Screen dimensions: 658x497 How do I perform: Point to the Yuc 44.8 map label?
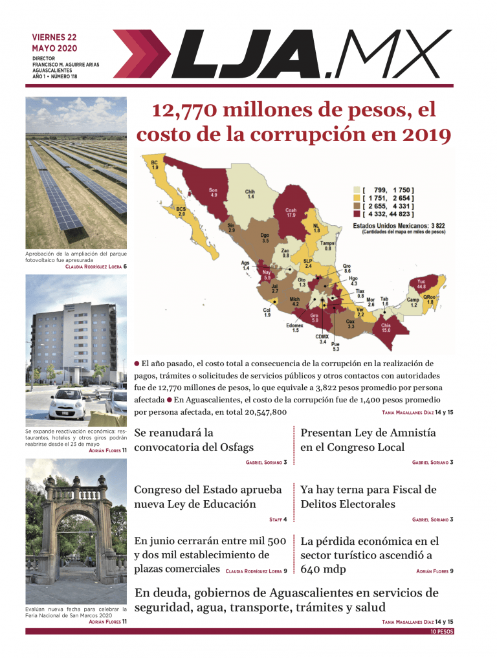[x=421, y=285]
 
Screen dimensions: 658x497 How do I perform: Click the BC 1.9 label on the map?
[x=155, y=165]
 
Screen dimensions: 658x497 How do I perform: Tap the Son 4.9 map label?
[x=213, y=192]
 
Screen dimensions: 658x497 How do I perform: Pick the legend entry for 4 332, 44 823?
[x=388, y=214]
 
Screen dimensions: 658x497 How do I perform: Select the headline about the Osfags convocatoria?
[x=193, y=440]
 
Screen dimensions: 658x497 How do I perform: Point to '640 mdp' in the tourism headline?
[x=323, y=569]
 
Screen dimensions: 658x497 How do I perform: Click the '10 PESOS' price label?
[x=441, y=631]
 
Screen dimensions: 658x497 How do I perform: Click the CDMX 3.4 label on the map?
[x=322, y=338]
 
